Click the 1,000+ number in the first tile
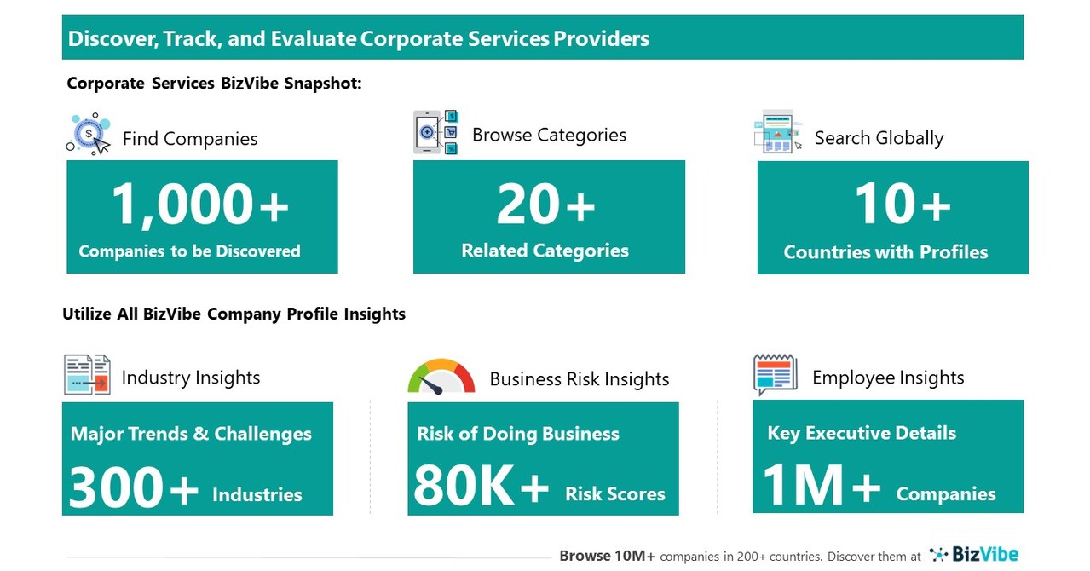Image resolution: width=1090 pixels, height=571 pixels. click(200, 205)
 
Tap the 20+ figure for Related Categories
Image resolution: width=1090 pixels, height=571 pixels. click(545, 205)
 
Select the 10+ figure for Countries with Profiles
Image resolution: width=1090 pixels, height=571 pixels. click(902, 205)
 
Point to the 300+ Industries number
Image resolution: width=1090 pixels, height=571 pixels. click(133, 488)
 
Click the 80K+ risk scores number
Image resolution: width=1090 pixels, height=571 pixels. click(482, 488)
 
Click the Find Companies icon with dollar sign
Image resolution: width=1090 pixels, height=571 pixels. click(89, 134)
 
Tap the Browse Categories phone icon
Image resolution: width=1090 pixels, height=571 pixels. click(435, 132)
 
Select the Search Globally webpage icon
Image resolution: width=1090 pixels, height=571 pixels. click(777, 132)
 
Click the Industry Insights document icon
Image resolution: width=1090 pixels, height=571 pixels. click(87, 375)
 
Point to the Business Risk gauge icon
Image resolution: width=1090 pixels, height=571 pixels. click(441, 377)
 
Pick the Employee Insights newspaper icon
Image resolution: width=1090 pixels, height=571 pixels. click(775, 375)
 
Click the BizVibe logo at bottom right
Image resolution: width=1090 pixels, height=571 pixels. click(974, 555)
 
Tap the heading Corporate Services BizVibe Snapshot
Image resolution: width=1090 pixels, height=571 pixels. click(214, 84)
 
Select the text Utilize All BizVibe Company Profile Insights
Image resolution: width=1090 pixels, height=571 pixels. click(234, 314)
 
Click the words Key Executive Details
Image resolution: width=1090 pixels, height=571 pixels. click(862, 433)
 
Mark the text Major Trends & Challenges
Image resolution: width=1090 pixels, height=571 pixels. click(191, 433)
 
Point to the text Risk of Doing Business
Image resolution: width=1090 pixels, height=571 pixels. click(517, 434)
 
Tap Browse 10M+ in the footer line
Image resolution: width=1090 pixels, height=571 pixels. click(607, 556)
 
